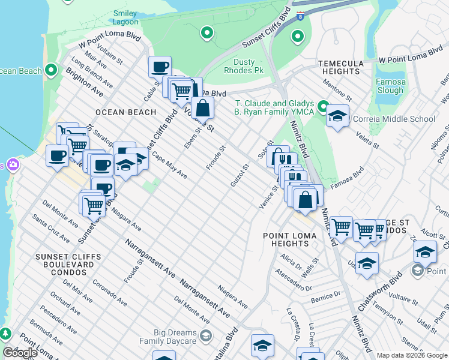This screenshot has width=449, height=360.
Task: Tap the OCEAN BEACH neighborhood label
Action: pos(125,112)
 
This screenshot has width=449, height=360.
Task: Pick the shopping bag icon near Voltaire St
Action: pos(203,108)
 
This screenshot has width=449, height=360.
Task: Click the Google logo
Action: pos(20,353)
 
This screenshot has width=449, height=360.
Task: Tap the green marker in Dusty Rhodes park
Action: pos(207,33)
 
